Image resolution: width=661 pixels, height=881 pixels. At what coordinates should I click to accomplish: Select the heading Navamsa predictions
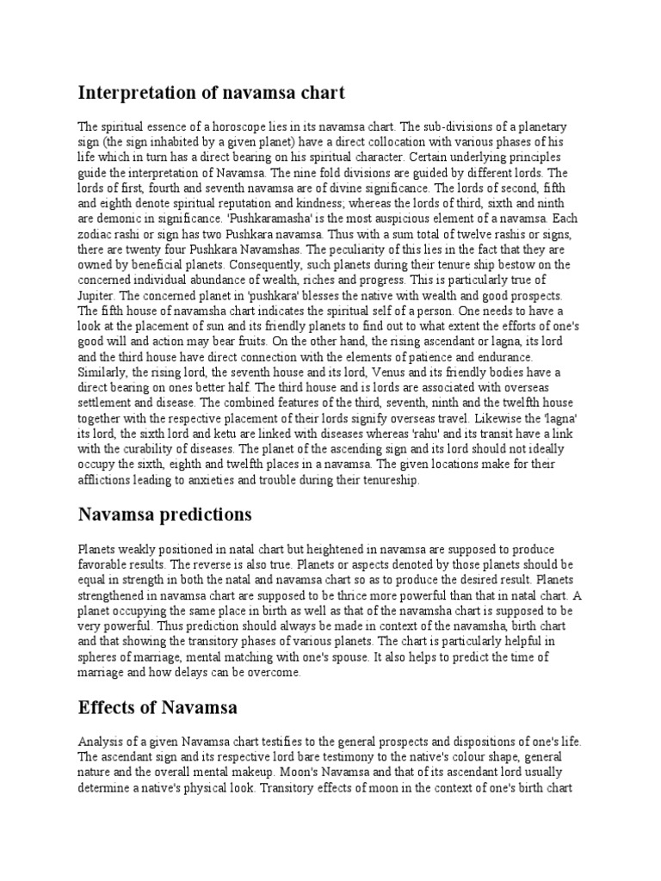coord(165,514)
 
